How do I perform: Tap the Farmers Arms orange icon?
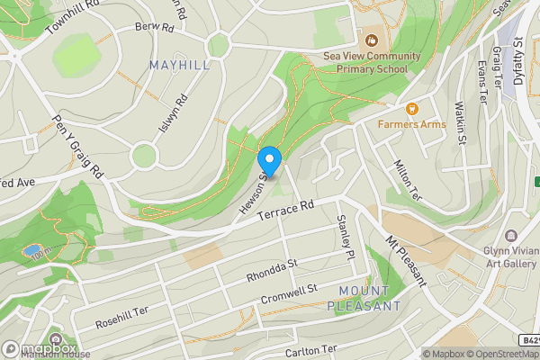point(412,109)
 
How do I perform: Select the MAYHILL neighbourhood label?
point(180,66)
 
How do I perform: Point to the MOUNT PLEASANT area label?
point(370,299)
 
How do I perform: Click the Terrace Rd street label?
point(285,212)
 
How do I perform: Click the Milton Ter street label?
point(407,179)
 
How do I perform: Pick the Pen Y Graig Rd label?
point(79,146)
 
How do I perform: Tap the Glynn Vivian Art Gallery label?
point(510,256)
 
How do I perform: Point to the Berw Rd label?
point(153,27)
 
